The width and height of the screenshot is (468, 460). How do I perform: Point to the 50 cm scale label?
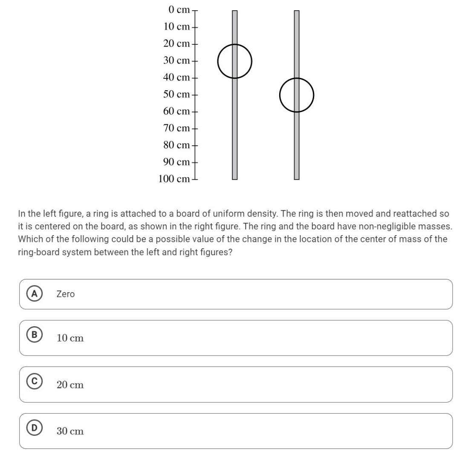[176, 94]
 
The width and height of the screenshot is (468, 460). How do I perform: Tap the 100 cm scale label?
[174, 179]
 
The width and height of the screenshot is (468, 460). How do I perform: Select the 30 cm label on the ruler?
[176, 60]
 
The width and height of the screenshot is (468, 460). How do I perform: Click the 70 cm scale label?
[176, 128]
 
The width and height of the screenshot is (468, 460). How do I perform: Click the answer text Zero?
[65, 294]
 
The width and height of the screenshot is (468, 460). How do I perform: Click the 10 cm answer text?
[70, 339]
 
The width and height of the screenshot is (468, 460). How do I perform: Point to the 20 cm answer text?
[70, 385]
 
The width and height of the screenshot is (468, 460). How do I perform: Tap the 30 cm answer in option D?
[70, 431]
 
